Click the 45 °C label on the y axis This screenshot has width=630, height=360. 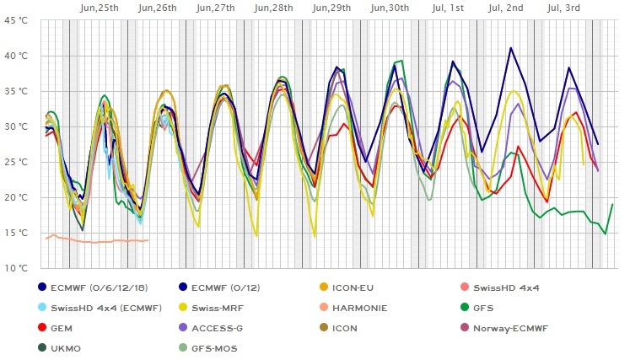(x=16, y=20)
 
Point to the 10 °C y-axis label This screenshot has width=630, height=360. (x=16, y=268)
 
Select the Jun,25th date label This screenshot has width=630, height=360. (x=99, y=8)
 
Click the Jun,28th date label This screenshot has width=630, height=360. (x=274, y=8)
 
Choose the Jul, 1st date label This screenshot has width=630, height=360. (x=447, y=8)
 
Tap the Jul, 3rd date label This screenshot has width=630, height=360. (x=564, y=8)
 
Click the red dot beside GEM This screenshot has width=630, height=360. (x=43, y=328)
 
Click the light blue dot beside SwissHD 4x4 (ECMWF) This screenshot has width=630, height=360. (x=43, y=308)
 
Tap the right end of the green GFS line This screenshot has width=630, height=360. (x=613, y=205)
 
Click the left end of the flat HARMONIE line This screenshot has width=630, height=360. (x=46, y=239)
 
